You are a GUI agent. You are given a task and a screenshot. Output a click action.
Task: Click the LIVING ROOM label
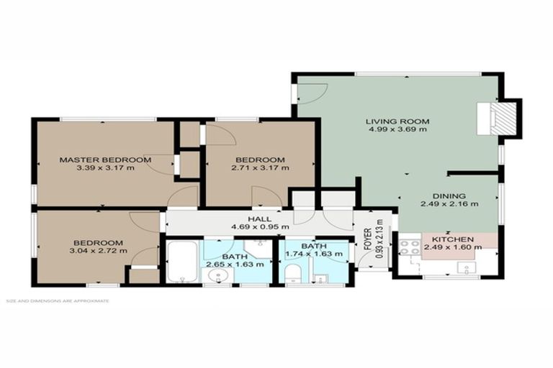[397, 121]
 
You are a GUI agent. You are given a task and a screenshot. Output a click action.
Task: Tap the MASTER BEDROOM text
[105, 160]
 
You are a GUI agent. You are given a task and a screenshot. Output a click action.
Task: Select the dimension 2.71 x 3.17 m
[260, 168]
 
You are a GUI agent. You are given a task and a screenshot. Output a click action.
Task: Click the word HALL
[260, 219]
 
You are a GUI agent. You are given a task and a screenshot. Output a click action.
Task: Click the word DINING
[449, 195]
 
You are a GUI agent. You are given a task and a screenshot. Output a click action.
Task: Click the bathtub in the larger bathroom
[180, 263]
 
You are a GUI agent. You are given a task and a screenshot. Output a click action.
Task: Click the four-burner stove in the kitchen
[410, 248]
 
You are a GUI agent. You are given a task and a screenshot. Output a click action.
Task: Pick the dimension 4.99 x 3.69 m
[397, 129]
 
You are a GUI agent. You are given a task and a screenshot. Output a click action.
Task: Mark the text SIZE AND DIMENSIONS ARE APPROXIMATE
[58, 300]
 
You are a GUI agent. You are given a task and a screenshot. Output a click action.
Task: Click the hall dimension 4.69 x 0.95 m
[260, 228]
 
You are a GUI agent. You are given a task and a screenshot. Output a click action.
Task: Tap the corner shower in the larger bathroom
[257, 249]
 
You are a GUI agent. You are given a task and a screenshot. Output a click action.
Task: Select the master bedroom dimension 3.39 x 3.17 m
[105, 168]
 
